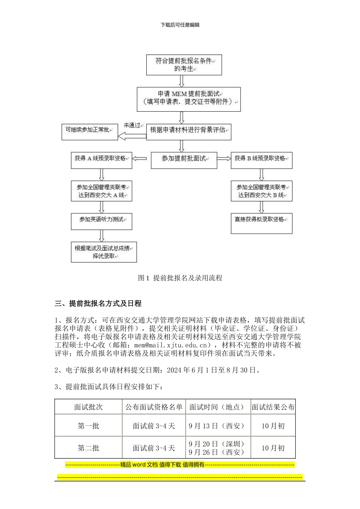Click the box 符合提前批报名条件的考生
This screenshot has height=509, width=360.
tap(184, 65)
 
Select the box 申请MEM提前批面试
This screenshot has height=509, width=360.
tap(188, 99)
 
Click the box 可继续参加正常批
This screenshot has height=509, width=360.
tap(89, 132)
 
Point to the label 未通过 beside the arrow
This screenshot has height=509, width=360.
tap(132, 125)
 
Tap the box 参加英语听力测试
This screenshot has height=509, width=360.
tap(101, 221)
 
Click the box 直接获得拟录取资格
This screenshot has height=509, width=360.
tap(261, 223)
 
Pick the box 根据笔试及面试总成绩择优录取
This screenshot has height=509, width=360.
tap(103, 252)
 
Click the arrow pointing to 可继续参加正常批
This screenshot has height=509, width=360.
tap(132, 136)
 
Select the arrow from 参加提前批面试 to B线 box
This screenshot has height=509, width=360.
tap(224, 159)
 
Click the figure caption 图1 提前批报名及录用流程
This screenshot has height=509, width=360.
tap(180, 278)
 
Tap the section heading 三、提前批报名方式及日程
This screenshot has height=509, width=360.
tap(98, 303)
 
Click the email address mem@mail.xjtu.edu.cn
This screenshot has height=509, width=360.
tap(172, 345)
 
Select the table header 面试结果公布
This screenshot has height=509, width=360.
tap(273, 407)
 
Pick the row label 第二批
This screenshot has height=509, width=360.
tap(88, 448)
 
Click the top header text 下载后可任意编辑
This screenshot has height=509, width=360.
tap(180, 25)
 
